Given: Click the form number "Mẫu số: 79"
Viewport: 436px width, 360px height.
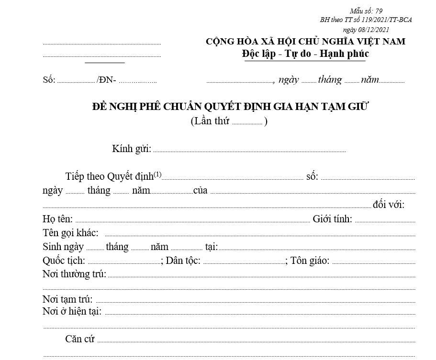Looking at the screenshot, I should click(366, 11).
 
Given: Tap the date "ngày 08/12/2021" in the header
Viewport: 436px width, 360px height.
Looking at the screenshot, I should click(366, 29).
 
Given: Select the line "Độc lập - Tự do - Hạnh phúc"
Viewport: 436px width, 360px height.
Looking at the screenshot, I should click(305, 54).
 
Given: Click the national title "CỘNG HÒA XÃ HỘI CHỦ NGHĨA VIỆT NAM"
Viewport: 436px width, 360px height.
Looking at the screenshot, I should click(305, 42).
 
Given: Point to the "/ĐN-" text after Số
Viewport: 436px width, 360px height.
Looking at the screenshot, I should click(106, 80).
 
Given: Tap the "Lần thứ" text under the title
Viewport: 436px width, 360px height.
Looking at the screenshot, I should click(210, 121).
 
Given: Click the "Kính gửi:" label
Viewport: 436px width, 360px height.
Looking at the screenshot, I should click(132, 149).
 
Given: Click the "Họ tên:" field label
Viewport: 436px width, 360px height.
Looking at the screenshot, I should click(57, 219).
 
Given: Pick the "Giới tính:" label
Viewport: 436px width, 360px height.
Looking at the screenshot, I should click(333, 219).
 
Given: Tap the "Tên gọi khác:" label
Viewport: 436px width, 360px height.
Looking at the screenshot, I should click(70, 233).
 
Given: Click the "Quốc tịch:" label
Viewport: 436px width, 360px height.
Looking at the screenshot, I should click(64, 261).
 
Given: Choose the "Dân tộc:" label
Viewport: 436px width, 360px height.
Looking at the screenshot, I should click(183, 261).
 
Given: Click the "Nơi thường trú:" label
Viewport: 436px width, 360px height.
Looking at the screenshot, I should click(74, 274).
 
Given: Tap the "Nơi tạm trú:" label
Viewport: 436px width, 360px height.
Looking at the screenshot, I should click(67, 300).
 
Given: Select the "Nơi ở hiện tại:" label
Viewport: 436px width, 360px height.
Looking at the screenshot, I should click(72, 311).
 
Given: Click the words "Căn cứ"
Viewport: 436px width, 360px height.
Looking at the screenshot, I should click(80, 339).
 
